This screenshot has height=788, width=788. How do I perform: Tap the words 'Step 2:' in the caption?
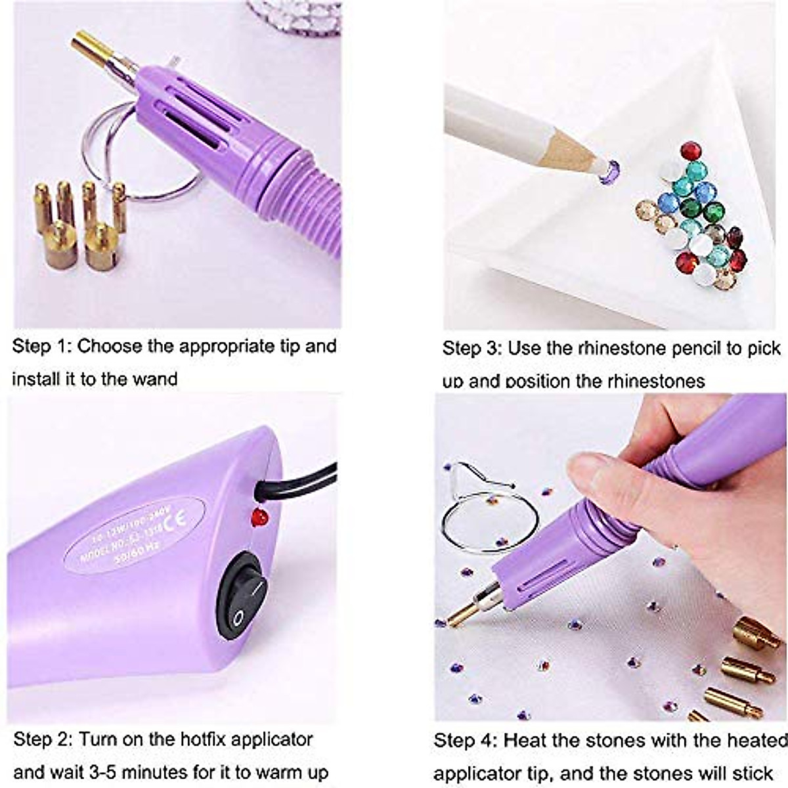click(43, 739)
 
